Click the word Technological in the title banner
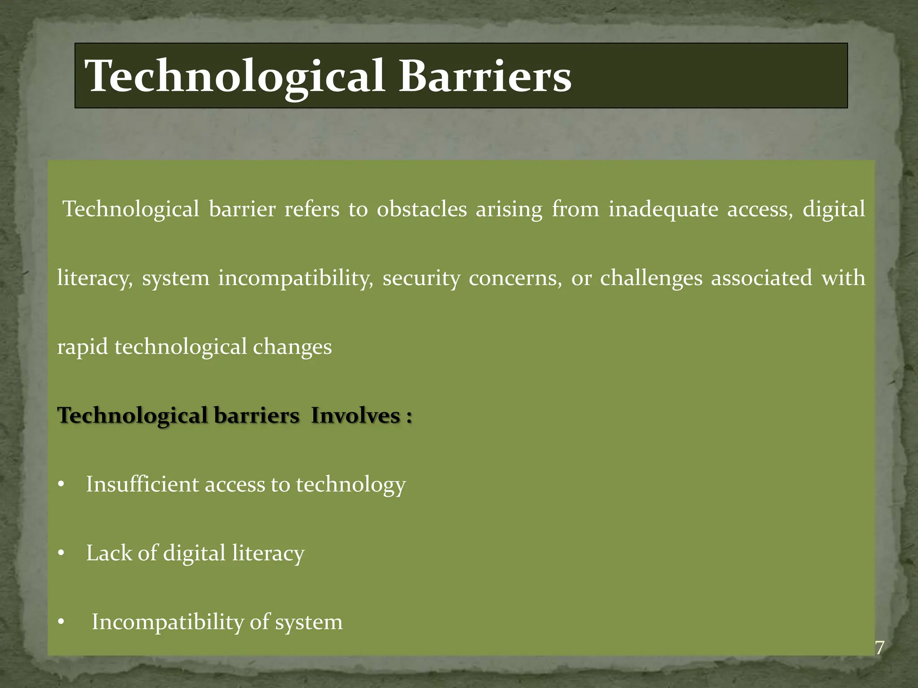click(234, 77)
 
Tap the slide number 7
click(879, 648)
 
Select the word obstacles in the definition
click(422, 209)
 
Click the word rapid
click(82, 347)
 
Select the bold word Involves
click(355, 415)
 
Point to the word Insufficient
click(142, 484)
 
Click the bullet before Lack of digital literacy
click(61, 554)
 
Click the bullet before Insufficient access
click(61, 485)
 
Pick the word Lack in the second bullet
click(109, 553)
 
